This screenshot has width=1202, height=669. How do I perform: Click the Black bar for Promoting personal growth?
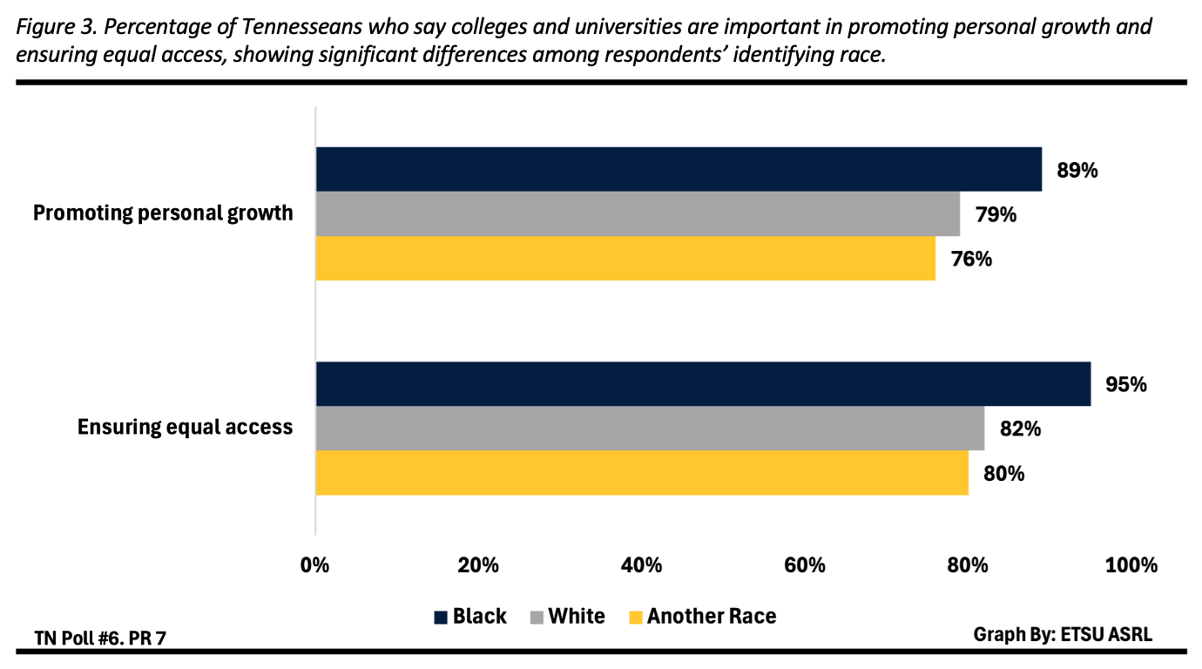pos(679,169)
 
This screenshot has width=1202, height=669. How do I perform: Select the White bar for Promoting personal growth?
pos(638,213)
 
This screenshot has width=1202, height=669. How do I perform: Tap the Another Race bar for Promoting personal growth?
pos(625,259)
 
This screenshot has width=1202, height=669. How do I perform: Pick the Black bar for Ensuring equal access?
pos(703,384)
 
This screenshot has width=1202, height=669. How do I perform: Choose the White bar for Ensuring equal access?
pos(650,429)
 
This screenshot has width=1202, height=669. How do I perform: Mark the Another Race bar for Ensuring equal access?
pos(642,473)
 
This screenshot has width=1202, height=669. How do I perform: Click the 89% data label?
pos(1077,170)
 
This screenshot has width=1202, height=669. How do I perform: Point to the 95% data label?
pos(1125,384)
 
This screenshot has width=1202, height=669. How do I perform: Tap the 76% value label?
pos(971,259)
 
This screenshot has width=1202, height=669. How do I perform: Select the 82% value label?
pos(1020,429)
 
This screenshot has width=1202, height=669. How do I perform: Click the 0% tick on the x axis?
pos(314,565)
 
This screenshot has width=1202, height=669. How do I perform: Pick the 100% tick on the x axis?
pos(1131,565)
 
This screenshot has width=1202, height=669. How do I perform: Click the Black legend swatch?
pos(442,618)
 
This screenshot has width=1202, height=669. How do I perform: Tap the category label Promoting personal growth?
pos(163,213)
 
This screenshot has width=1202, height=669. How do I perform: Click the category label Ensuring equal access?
pos(185,428)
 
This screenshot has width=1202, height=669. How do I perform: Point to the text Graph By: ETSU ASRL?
pos(1062,634)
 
